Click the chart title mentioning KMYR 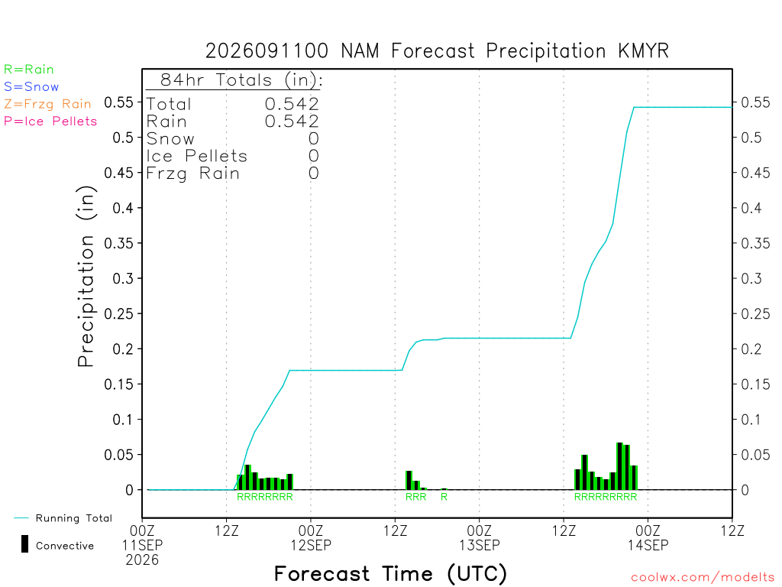437,51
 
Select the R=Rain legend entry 28,70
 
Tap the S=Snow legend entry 31,87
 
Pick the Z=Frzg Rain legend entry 47,104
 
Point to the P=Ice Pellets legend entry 50,122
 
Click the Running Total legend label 74,518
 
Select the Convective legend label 65,546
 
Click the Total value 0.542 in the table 292,104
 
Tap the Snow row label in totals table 170,139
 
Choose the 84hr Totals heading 241,80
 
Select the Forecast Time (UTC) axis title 390,574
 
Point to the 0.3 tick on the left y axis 123,278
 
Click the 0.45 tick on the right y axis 755,173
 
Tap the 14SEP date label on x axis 648,545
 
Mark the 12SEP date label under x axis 311,545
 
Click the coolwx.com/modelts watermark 703,578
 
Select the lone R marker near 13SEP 444,497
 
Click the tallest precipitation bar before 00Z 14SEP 619,466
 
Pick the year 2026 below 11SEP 142,560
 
